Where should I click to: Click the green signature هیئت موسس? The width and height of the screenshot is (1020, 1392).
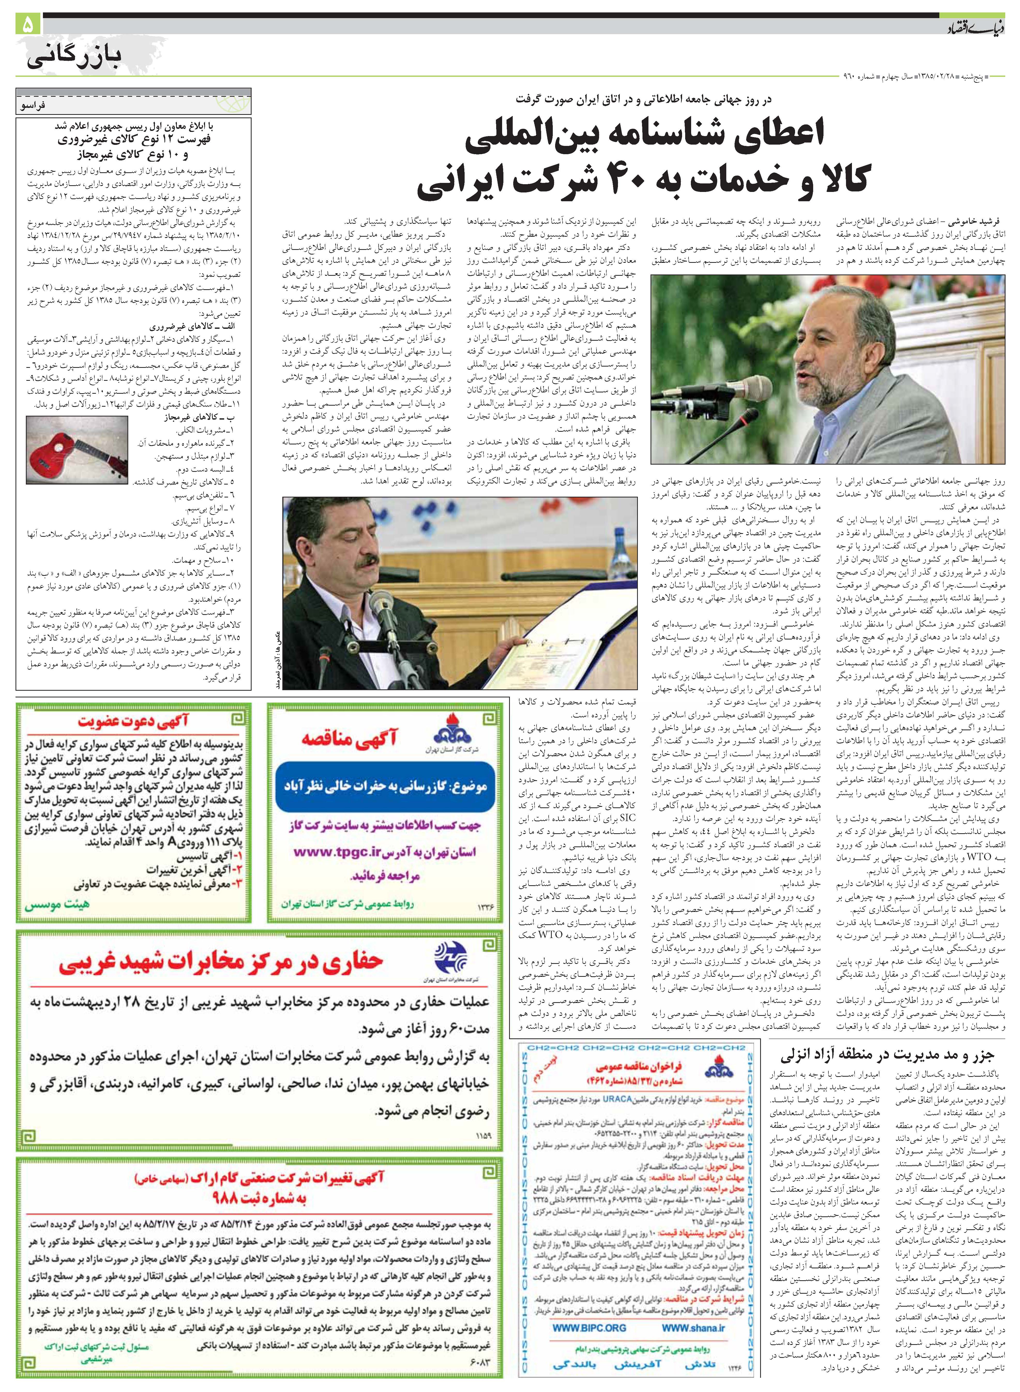click(57, 905)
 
